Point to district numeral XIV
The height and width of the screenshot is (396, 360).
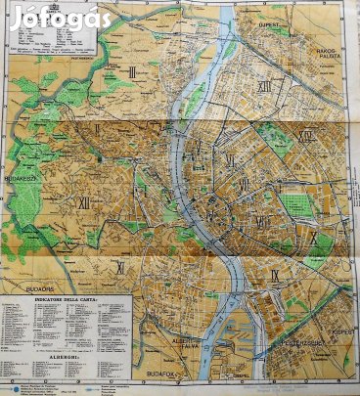click(x=307, y=137)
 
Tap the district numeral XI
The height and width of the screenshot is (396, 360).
click(x=119, y=266)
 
